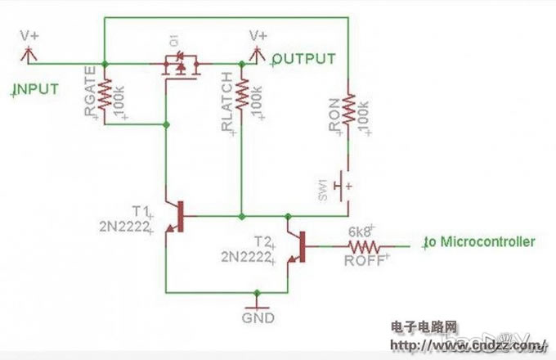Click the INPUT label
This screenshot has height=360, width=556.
[36, 88]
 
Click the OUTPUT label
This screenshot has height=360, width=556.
[304, 59]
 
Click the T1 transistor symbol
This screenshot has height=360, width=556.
[173, 218]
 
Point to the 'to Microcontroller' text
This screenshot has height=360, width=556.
[480, 242]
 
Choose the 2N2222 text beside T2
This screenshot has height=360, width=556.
[245, 257]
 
